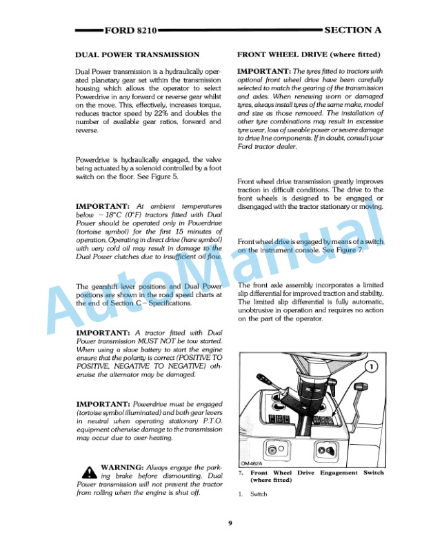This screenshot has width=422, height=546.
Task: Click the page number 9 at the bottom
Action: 230,523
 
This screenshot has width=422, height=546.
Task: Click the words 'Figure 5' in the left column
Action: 165,177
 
